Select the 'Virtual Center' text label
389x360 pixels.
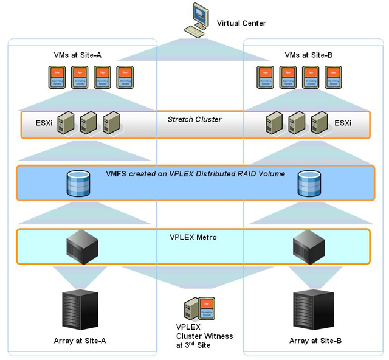[x=241, y=24]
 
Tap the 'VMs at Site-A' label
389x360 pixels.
[x=78, y=55]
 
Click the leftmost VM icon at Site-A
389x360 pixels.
[x=57, y=77]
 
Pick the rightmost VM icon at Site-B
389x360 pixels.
[x=333, y=77]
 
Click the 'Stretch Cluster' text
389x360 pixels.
[x=194, y=119]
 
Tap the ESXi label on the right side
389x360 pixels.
[x=343, y=123]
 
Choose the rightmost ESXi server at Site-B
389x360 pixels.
[x=319, y=123]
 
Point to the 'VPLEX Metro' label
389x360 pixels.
[x=194, y=237]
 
